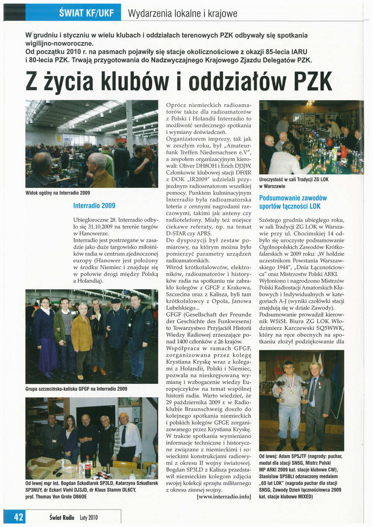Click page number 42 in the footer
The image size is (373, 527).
pos(18,517)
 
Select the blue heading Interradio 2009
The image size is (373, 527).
pos(94,205)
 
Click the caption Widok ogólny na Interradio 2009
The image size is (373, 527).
pos(57,193)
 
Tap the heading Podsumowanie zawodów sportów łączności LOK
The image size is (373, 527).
pos(293,202)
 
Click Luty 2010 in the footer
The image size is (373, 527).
pos(88,518)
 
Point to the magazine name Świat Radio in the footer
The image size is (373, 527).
pos(62,517)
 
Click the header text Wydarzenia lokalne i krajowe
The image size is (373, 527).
pos(182,14)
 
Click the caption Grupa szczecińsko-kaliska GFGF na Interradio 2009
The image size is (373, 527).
pos(76,389)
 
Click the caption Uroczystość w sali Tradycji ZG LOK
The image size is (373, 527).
pos(294,179)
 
